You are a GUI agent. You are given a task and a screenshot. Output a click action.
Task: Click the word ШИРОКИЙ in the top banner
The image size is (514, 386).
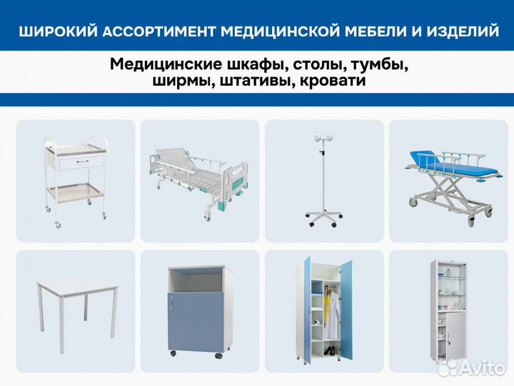(59, 31)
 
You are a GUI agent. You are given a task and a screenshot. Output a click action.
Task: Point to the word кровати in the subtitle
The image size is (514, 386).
(333, 80)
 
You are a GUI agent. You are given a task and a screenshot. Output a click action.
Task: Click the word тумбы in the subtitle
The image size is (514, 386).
(380, 64)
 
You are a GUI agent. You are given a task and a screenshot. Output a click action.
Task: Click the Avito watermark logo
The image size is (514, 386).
(471, 367)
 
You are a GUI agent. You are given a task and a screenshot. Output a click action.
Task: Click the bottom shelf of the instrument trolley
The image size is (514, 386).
(75, 191)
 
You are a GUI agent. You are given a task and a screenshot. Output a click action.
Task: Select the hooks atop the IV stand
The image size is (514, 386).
(323, 139)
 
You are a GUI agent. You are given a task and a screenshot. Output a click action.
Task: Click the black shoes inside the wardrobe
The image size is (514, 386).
(329, 350)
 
